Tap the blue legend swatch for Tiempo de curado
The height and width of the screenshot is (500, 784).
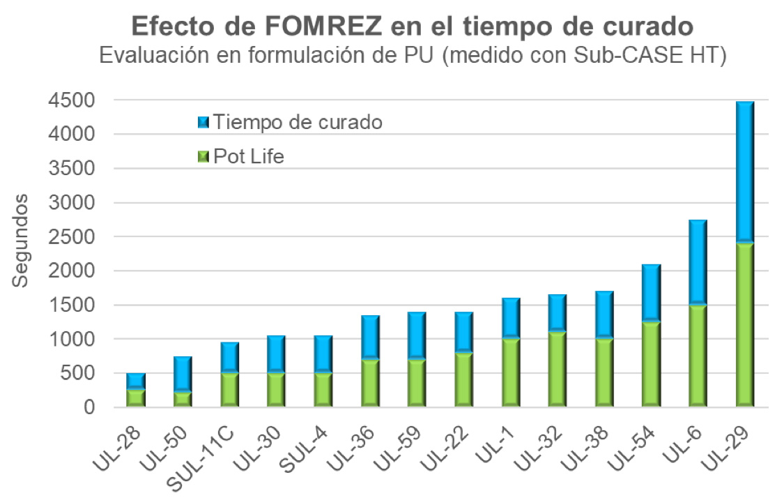coord(203,121)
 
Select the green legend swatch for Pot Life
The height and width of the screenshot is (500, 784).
coord(203,156)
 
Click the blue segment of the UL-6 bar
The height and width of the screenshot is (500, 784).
coord(697,262)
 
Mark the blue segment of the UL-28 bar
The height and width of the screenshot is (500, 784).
coord(135,381)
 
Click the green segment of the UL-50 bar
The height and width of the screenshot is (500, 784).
coord(182,399)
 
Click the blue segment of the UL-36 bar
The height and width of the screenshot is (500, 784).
coord(369,337)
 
